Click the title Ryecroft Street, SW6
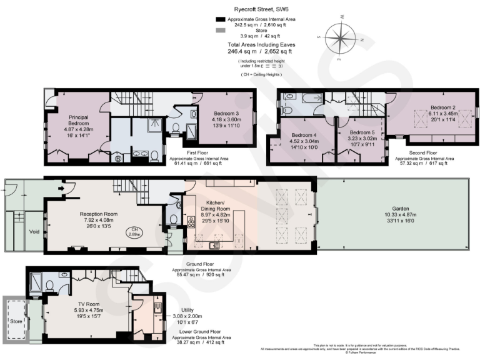pyautogui.click(x=262, y=9)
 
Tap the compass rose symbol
pyautogui.click(x=340, y=39)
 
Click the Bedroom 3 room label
pyautogui.click(x=226, y=112)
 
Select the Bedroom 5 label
pyautogui.click(x=362, y=132)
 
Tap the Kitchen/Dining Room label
pyautogui.click(x=215, y=206)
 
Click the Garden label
pyautogui.click(x=401, y=208)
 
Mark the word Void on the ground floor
pyautogui.click(x=17, y=231)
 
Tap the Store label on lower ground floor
pyautogui.click(x=15, y=321)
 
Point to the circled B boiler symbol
pyautogui.click(x=117, y=158)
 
